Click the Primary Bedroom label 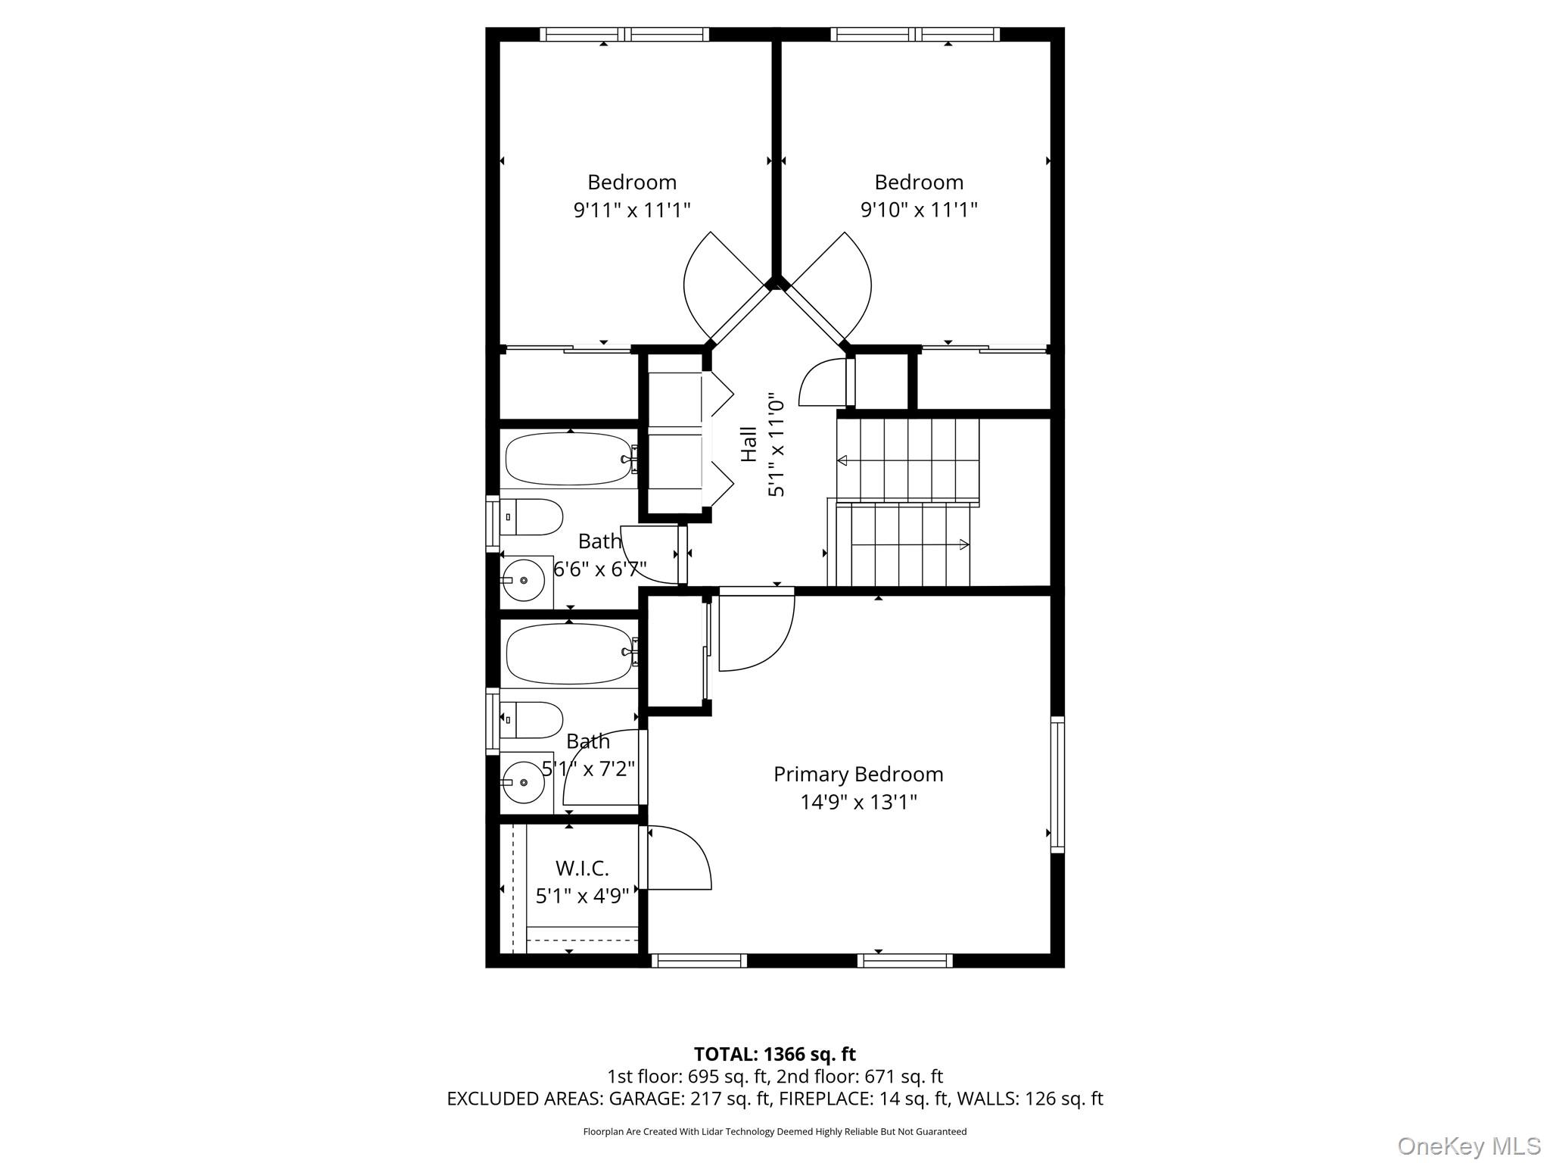tap(858, 775)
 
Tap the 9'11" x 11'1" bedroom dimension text tap(632, 209)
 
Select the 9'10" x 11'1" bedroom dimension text tap(919, 209)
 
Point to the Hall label tap(749, 444)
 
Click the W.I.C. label tap(582, 868)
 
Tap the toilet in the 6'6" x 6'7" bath tap(531, 516)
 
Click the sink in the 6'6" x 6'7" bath tap(524, 581)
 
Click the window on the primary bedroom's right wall tap(1057, 784)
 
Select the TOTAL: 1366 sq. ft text tap(775, 1053)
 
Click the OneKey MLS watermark tap(1469, 1146)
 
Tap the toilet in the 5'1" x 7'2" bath tap(531, 719)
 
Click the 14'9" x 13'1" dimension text tap(859, 802)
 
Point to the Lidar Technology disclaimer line tap(775, 1131)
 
